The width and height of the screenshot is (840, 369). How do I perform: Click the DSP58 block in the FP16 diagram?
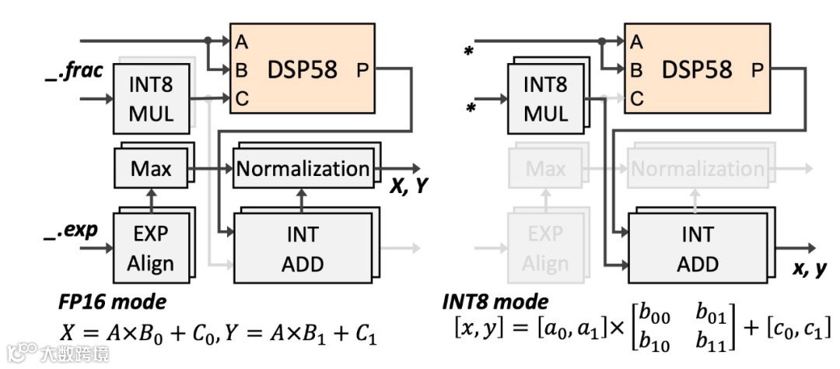[x=303, y=69]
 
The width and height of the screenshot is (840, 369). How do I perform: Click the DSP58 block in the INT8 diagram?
[x=697, y=69]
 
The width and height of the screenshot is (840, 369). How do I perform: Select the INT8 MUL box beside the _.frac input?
[x=152, y=98]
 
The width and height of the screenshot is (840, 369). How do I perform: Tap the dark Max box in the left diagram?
[x=151, y=168]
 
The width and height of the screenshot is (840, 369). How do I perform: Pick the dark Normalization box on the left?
[x=303, y=168]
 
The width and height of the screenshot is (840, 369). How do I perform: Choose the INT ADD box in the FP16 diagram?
[x=303, y=247]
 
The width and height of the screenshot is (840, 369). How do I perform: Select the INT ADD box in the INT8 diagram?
[x=697, y=247]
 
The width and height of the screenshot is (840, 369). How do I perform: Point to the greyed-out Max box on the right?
[x=545, y=168]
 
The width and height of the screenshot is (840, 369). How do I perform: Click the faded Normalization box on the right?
[x=697, y=168]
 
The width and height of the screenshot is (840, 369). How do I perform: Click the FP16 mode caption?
[x=112, y=301]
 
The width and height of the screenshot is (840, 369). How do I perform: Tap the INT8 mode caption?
[x=495, y=301]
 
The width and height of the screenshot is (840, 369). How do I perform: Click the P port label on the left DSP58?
[x=362, y=70]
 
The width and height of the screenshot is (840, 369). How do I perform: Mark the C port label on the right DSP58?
[x=637, y=98]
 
